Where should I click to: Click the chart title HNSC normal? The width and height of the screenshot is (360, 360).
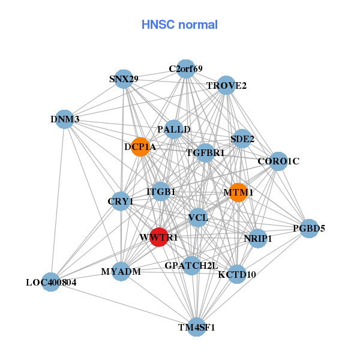tap(179, 25)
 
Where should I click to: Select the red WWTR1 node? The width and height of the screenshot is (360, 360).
tap(159, 237)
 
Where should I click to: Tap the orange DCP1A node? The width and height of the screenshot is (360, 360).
tap(140, 147)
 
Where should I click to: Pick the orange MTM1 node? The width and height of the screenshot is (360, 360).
tap(238, 193)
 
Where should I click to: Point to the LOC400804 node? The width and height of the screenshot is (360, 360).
tap(51, 282)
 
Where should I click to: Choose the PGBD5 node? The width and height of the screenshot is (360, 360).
tap(309, 229)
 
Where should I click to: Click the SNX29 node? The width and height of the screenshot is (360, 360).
tap(124, 79)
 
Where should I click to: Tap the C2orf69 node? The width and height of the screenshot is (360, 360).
tap(186, 68)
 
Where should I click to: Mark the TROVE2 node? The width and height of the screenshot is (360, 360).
tap(226, 85)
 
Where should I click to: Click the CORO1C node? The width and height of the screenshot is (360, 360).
tap(278, 161)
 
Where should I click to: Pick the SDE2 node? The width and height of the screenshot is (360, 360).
tap(242, 139)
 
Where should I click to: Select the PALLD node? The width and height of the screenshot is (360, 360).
tap(174, 130)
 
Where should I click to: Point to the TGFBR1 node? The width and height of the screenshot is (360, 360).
tap(205, 153)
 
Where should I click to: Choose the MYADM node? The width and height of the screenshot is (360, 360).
tap(121, 271)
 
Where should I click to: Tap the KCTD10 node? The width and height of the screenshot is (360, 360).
tap(237, 274)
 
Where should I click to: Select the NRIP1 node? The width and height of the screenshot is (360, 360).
tap(257, 238)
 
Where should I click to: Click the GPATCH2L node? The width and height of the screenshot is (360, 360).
tap(191, 265)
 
